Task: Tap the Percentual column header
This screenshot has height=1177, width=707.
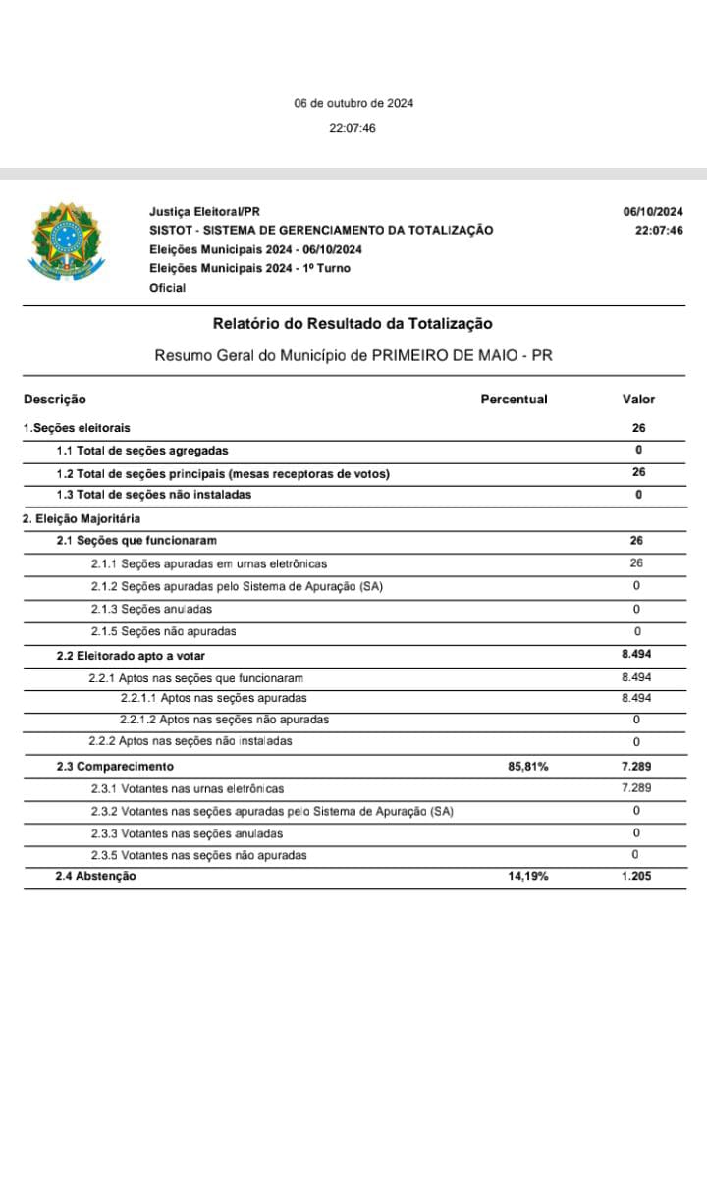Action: (x=514, y=400)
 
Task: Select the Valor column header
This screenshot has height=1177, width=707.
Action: (x=638, y=400)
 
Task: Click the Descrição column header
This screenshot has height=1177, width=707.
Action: (x=55, y=400)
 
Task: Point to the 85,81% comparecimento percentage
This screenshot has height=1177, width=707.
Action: (x=528, y=767)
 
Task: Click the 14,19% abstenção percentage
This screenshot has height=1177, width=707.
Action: (x=528, y=877)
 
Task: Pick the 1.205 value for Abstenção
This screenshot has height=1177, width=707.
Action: (x=637, y=877)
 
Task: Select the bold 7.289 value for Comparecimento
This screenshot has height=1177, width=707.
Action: (x=637, y=767)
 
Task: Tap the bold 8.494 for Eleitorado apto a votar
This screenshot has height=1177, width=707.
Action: (x=637, y=655)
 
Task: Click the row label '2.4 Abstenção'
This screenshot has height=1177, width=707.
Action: (x=95, y=877)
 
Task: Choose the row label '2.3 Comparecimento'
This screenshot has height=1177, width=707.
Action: (x=115, y=767)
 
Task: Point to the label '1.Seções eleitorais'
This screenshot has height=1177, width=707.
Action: (x=77, y=428)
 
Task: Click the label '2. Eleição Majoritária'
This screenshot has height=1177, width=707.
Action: (x=82, y=518)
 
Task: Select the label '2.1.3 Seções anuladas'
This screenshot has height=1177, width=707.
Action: (x=151, y=610)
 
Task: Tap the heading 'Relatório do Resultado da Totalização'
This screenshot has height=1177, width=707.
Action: (x=353, y=323)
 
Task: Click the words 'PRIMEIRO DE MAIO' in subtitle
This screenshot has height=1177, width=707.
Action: (x=448, y=355)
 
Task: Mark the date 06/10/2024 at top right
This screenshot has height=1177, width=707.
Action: (x=653, y=212)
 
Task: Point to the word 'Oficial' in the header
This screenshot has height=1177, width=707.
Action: (x=167, y=288)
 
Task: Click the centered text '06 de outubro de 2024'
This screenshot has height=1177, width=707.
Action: (x=353, y=103)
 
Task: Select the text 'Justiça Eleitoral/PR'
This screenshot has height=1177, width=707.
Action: (x=204, y=212)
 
